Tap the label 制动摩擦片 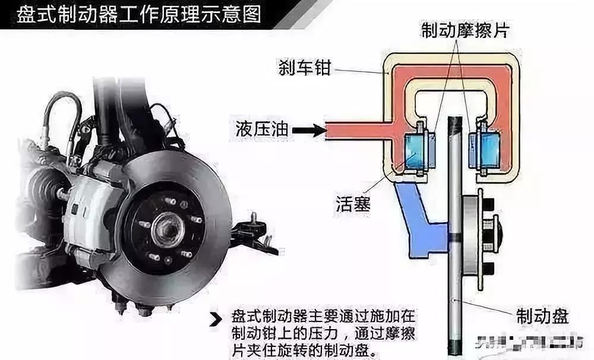pyautogui.click(x=465, y=28)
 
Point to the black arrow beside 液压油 pyautogui.click(x=305, y=128)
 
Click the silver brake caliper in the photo pyautogui.click(x=86, y=214)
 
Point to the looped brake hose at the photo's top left pyautogui.click(x=62, y=119)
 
